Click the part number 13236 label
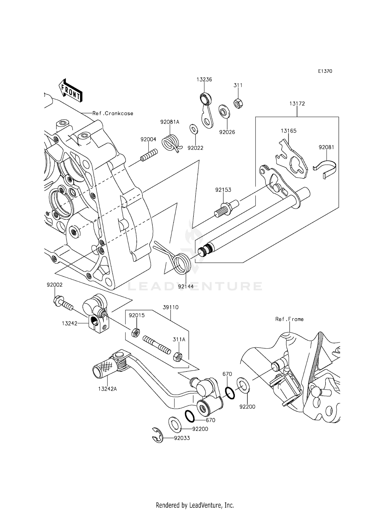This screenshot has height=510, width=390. point(204,80)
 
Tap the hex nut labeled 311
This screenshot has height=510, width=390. point(238,103)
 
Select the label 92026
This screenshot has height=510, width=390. point(227,132)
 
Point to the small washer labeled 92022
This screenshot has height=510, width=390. point(193,129)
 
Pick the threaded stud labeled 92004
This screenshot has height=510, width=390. point(149,155)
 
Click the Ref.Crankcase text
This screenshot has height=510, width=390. point(113,113)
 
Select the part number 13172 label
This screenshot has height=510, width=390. point(297,103)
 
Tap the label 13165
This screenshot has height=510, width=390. point(289,131)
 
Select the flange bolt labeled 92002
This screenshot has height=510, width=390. point(62,303)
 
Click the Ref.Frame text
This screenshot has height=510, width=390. point(289,319)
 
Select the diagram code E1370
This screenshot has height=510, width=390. point(325,71)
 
